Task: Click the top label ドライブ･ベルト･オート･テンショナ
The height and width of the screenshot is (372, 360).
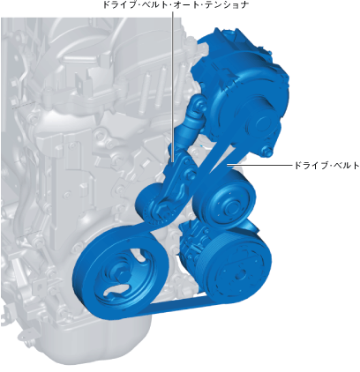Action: tap(176, 4)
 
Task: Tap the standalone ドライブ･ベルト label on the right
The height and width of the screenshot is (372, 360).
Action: tap(326, 166)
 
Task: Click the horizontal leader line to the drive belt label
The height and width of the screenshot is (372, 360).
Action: tap(259, 165)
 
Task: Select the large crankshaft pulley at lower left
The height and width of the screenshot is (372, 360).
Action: tap(120, 272)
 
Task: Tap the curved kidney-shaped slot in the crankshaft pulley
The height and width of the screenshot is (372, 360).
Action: tap(116, 290)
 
